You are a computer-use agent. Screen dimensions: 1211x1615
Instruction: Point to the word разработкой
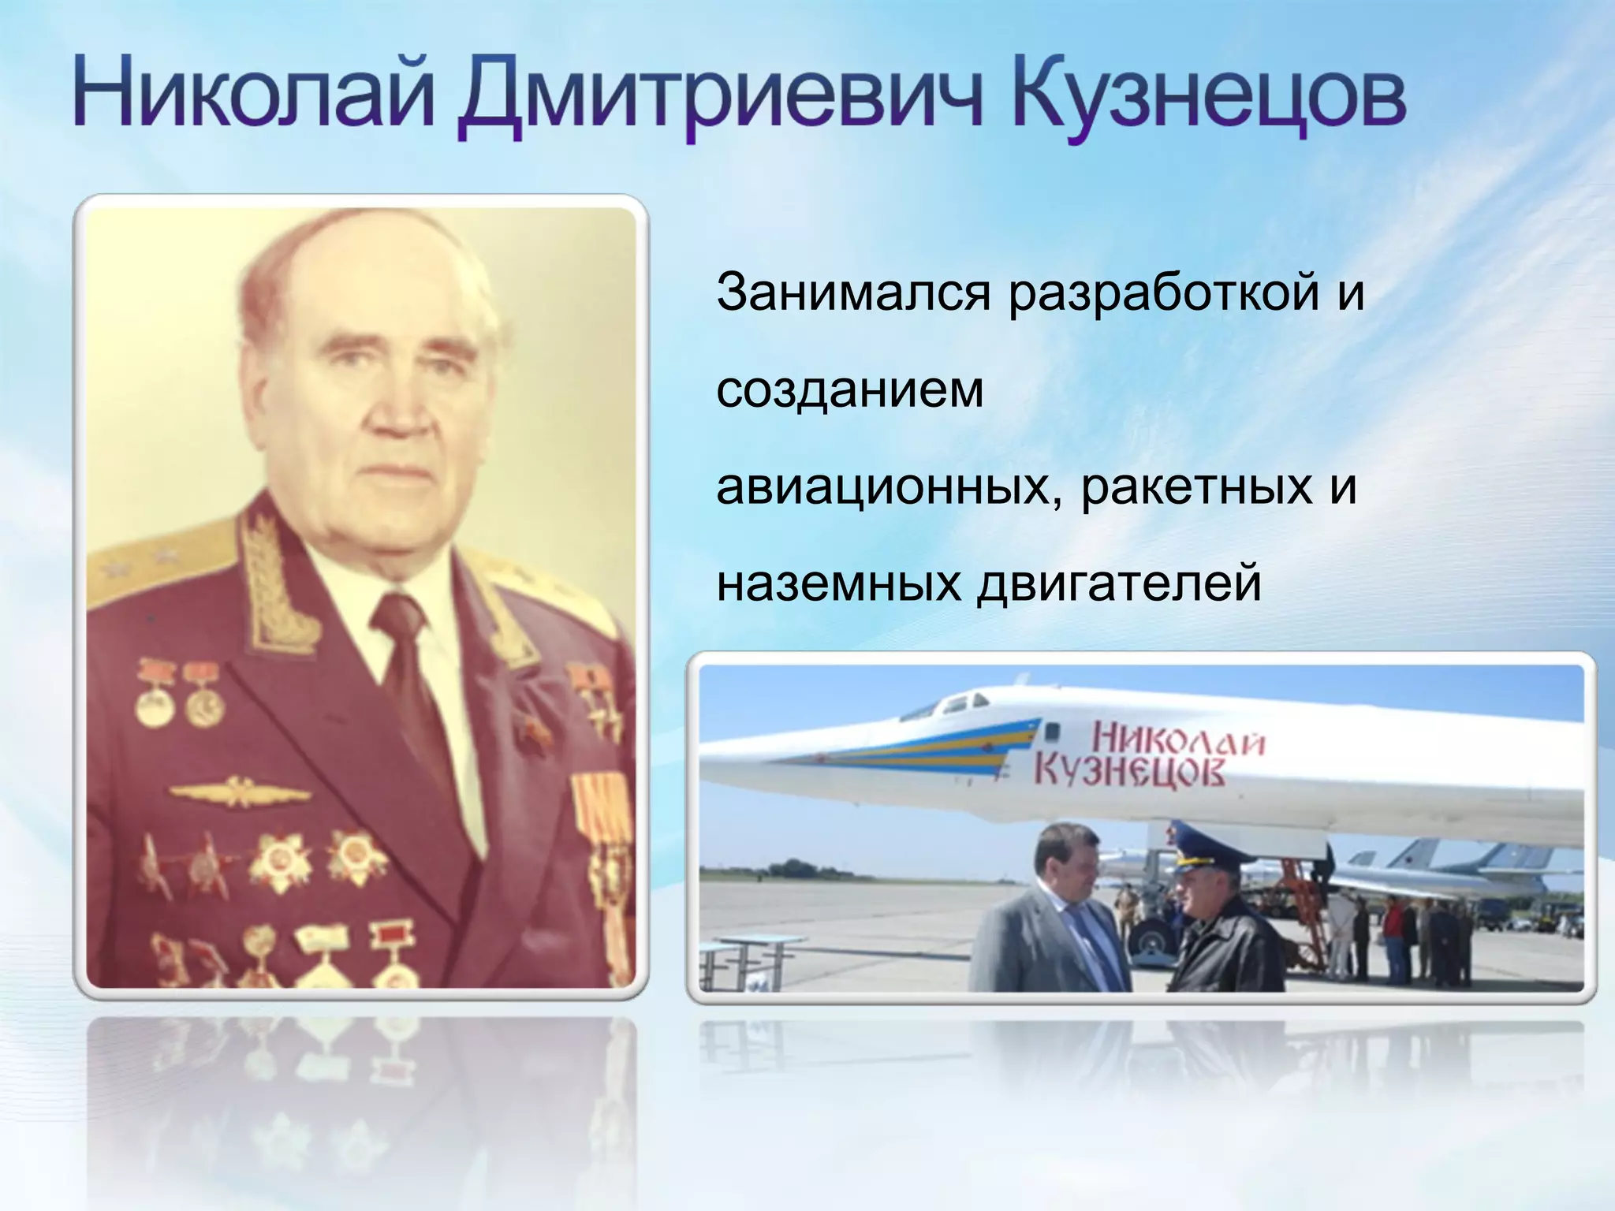click(1164, 293)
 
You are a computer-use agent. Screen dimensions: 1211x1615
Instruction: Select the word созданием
click(850, 390)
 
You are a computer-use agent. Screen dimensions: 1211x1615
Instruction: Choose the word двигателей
click(1120, 584)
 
